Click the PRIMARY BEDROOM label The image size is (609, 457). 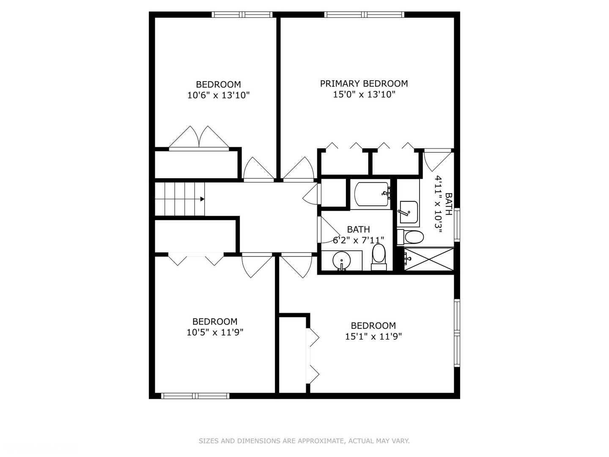(x=364, y=83)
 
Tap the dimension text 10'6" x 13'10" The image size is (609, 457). (x=218, y=95)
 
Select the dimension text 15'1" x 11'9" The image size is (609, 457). (x=373, y=336)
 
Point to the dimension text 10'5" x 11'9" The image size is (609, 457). (x=215, y=332)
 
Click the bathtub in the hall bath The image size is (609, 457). (x=372, y=194)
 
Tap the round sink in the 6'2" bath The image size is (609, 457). (x=341, y=260)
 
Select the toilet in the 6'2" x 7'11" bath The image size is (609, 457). (x=379, y=256)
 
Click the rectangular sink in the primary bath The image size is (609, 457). (x=408, y=212)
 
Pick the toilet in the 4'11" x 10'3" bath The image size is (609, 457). (x=411, y=237)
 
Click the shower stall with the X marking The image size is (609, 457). (x=428, y=259)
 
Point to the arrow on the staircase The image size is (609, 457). (x=202, y=199)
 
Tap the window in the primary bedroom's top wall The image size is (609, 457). (x=364, y=15)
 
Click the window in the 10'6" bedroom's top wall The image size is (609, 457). (x=243, y=15)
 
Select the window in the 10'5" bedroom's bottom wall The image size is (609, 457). (x=195, y=396)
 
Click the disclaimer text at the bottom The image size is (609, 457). (x=304, y=441)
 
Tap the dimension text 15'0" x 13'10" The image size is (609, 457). (x=364, y=94)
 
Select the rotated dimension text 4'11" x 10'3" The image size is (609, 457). (x=439, y=202)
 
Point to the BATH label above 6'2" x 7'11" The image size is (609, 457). (x=358, y=229)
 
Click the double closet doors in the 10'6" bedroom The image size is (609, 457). (x=199, y=138)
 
